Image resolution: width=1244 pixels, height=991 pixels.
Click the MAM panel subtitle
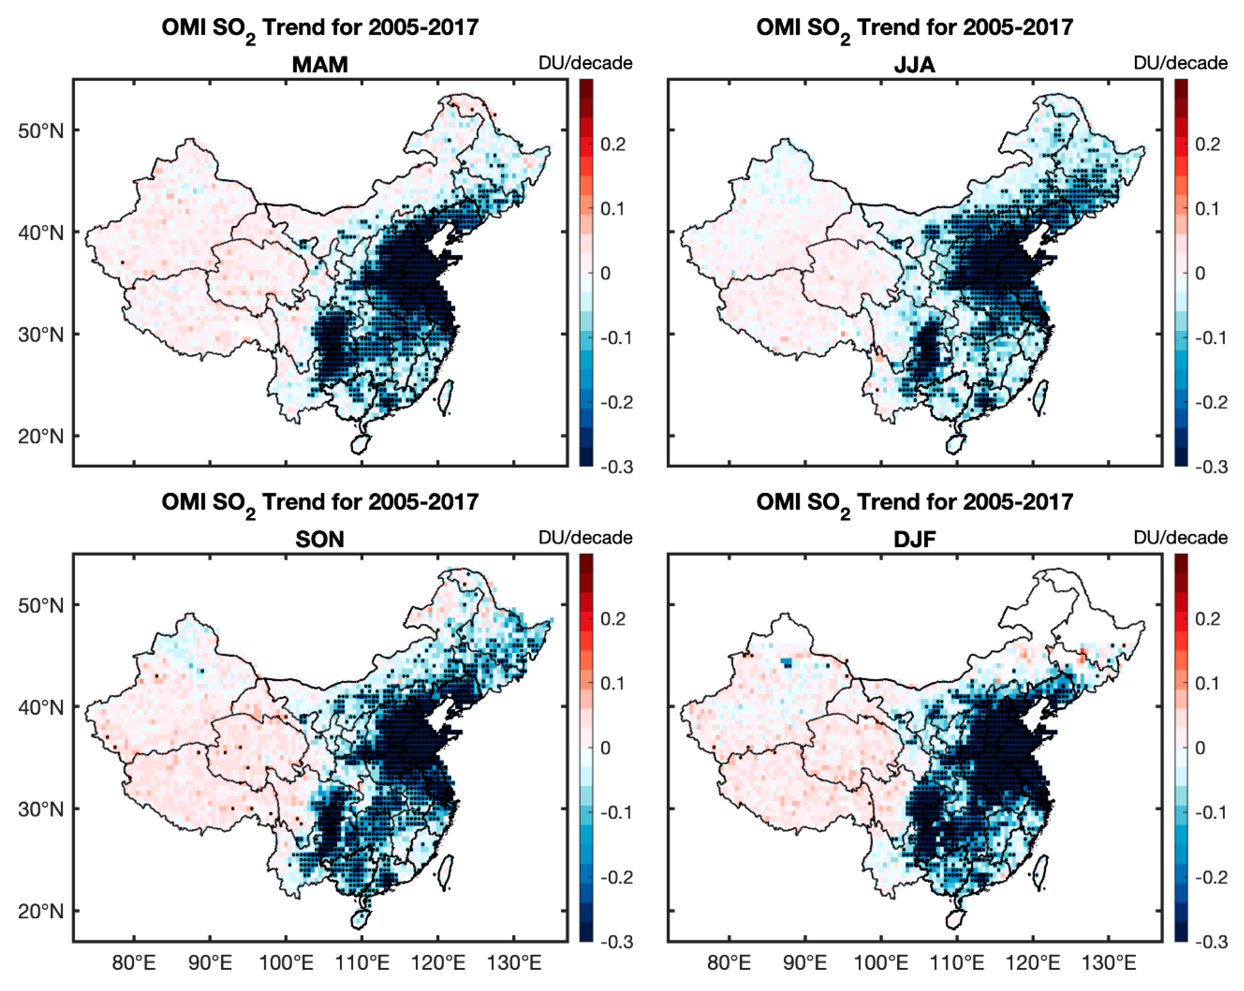tap(320, 65)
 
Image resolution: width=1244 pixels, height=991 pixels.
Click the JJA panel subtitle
tap(915, 65)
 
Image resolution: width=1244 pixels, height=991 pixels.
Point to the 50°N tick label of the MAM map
tap(40, 131)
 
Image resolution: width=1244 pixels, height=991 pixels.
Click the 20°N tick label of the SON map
tap(40, 911)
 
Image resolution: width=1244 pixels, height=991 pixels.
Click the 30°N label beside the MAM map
tap(40, 335)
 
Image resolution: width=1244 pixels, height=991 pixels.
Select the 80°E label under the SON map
tap(134, 963)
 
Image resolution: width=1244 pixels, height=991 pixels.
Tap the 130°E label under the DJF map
tap(1109, 963)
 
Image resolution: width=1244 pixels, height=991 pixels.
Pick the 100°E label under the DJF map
tap(881, 963)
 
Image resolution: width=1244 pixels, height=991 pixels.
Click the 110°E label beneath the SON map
tap(362, 963)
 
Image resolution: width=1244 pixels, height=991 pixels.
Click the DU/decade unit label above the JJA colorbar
tap(1181, 63)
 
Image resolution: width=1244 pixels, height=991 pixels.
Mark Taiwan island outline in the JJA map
tap(1042, 397)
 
